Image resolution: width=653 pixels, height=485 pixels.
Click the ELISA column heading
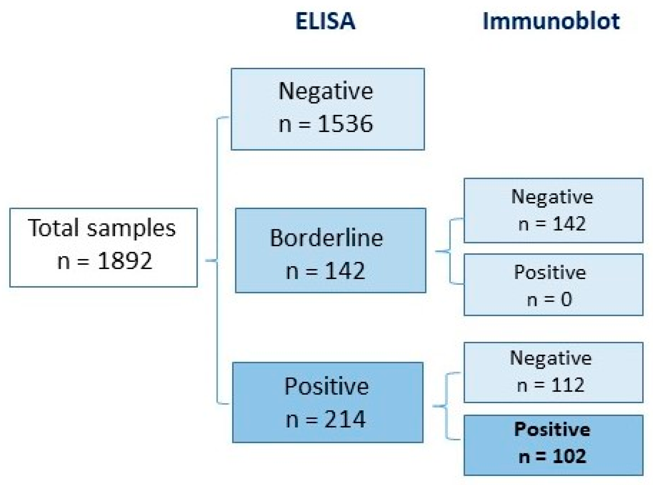(325, 21)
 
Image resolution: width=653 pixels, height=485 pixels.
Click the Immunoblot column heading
(551, 21)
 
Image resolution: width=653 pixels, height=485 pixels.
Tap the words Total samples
(102, 228)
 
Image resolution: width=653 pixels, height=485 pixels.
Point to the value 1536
(345, 124)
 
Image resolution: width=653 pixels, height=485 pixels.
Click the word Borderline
(326, 238)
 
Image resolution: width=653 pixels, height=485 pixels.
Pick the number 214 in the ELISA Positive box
(345, 419)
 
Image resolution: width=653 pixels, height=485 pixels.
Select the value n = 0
(549, 300)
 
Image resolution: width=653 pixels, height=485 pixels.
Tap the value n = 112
(551, 385)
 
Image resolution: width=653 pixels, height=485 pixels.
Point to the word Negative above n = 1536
(326, 91)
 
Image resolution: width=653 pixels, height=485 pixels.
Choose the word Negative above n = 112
(551, 358)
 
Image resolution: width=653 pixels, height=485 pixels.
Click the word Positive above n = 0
(550, 272)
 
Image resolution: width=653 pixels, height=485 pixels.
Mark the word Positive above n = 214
(326, 386)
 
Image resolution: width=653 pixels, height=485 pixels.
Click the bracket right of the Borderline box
(450, 251)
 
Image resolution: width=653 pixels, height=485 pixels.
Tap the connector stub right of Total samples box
(211, 260)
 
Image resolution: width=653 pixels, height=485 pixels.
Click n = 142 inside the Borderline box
(326, 271)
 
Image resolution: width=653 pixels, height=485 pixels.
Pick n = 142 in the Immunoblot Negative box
(552, 224)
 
